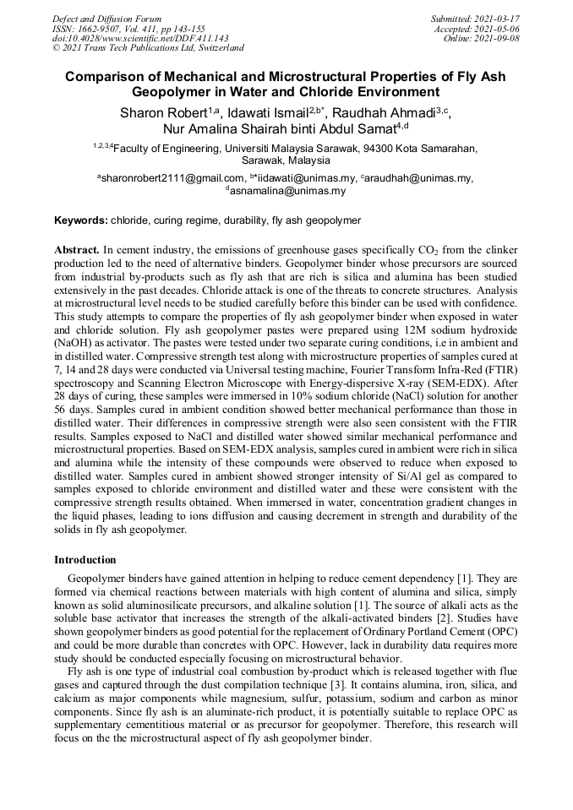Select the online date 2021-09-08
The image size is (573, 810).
tap(500, 38)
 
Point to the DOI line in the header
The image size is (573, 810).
tap(140, 38)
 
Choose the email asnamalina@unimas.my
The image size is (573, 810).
tap(287, 191)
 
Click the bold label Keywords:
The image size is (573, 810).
tap(81, 220)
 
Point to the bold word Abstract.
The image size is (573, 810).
tap(77, 251)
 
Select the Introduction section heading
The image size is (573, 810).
tap(85, 560)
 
